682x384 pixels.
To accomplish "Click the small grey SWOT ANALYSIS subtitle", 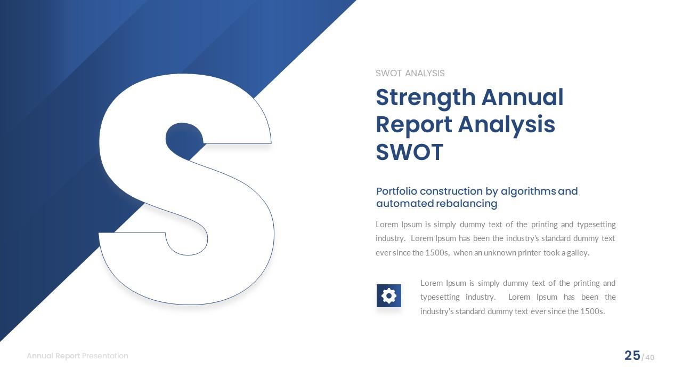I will pyautogui.click(x=410, y=74).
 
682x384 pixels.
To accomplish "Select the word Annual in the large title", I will pyautogui.click(x=522, y=98).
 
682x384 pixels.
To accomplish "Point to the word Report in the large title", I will pyautogui.click(x=413, y=124).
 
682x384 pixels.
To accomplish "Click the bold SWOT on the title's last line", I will pyautogui.click(x=409, y=152).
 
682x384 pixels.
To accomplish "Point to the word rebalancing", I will pyautogui.click(x=466, y=204).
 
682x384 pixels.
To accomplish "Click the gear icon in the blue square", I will pyautogui.click(x=389, y=295).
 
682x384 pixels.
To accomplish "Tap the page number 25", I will pyautogui.click(x=632, y=356).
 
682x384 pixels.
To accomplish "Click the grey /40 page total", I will pyautogui.click(x=648, y=357).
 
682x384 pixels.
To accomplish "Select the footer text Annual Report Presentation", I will pyautogui.click(x=77, y=356).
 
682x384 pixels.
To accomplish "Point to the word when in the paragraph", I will pyautogui.click(x=463, y=253).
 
